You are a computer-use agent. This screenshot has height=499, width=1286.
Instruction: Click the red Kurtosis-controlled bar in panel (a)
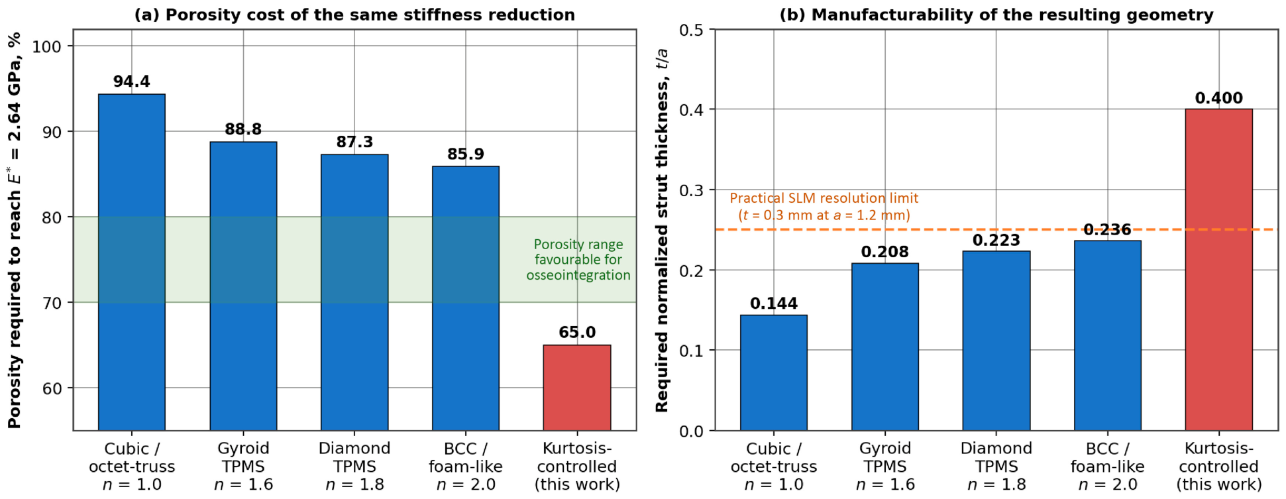[577, 388]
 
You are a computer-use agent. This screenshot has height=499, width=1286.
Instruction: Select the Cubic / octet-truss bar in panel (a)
[132, 262]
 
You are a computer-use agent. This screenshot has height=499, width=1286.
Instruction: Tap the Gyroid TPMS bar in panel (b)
[885, 347]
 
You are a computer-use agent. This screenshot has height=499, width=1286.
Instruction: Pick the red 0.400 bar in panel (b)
[1219, 270]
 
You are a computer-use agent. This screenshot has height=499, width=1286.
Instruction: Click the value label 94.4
[132, 82]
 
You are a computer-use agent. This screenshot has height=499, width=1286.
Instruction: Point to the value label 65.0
[577, 332]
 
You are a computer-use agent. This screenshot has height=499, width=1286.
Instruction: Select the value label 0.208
[885, 252]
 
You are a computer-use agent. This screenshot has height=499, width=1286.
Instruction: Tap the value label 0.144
[774, 304]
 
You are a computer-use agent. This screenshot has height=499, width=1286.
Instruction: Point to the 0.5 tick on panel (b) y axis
[692, 30]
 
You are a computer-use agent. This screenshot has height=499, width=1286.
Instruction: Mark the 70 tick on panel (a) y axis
[52, 303]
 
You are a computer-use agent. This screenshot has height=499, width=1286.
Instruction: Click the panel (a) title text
[354, 15]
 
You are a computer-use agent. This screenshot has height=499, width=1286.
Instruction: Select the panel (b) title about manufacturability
[996, 15]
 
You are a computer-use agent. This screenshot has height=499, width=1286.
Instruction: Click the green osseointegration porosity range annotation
[578, 260]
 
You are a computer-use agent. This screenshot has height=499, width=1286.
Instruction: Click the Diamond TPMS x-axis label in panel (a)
[354, 467]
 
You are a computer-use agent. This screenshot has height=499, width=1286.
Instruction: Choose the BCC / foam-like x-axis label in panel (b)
[1108, 467]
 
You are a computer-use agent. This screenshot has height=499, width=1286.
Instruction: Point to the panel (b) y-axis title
[662, 230]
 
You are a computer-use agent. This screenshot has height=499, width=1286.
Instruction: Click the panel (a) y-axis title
[15, 230]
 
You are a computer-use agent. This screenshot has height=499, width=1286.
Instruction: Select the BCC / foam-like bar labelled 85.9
[466, 298]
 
